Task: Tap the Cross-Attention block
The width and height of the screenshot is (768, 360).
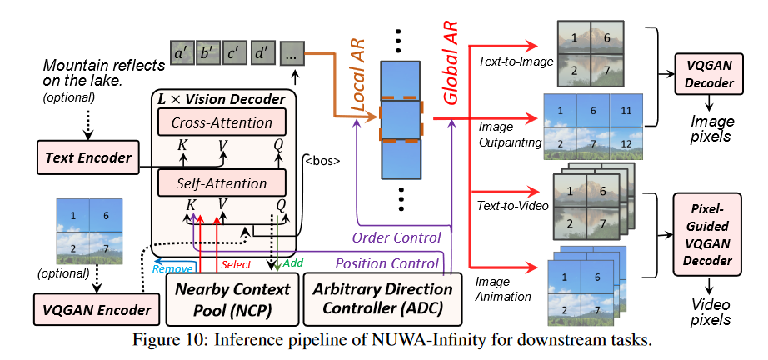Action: pyautogui.click(x=221, y=123)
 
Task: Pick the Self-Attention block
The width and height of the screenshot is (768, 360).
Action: pyautogui.click(x=220, y=182)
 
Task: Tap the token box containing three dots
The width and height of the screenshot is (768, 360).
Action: pyautogui.click(x=292, y=55)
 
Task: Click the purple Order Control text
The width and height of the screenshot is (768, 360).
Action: pyautogui.click(x=396, y=237)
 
